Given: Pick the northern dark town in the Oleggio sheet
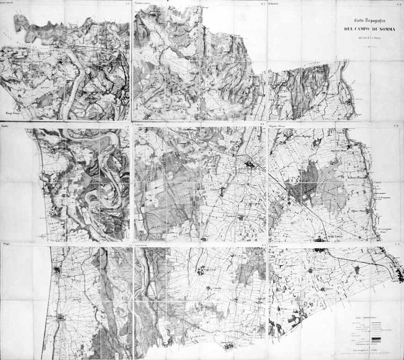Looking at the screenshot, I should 57,270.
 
